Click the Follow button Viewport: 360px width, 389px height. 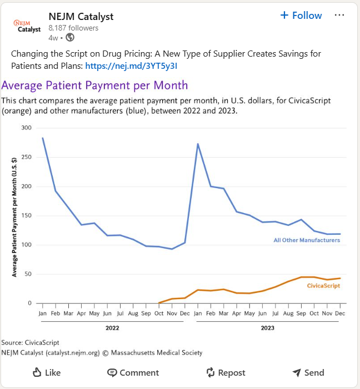301,16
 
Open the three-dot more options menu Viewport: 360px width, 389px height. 339,16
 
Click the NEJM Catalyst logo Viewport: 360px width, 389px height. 27,26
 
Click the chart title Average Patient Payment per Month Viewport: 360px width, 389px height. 95,85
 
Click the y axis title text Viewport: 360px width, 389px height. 14,216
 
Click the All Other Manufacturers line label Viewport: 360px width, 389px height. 306,240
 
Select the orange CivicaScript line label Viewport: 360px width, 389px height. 323,286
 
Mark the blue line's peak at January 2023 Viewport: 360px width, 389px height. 198,144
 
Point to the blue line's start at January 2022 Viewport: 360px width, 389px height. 42,138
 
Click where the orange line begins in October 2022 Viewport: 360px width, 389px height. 159,303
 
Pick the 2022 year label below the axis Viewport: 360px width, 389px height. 113,328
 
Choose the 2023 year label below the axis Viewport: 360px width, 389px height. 268,328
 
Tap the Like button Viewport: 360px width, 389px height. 46,372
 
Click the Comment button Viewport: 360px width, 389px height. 133,372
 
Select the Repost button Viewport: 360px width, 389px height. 226,372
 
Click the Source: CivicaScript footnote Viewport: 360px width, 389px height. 31,342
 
